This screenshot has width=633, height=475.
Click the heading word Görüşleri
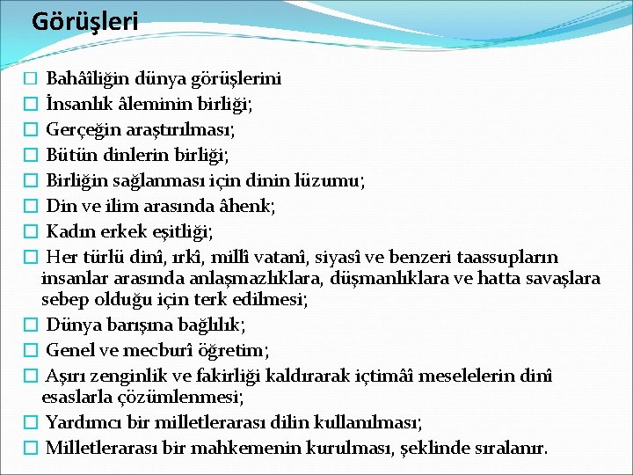coord(84,21)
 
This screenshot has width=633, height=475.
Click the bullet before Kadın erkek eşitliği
coord(31,232)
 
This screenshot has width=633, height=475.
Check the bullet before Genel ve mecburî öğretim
coord(31,351)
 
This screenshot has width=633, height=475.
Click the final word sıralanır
coord(511,448)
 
